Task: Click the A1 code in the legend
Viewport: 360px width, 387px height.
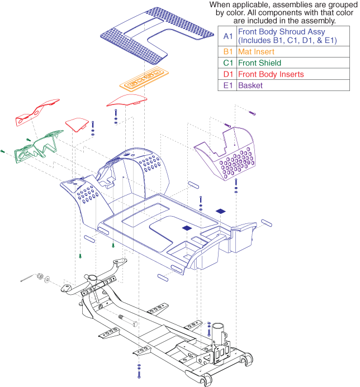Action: click(x=227, y=36)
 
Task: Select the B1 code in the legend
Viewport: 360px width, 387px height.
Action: click(x=227, y=52)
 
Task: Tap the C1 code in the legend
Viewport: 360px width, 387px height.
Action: click(x=227, y=63)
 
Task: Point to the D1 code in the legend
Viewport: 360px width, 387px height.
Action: click(x=227, y=74)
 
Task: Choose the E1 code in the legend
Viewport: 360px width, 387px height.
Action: click(x=227, y=85)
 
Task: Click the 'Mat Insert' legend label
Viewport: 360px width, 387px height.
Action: click(x=256, y=52)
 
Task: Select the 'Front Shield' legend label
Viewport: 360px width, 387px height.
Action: click(x=259, y=63)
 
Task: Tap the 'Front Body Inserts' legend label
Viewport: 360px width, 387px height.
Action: click(x=271, y=74)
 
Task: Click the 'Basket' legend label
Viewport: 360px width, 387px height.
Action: click(x=250, y=85)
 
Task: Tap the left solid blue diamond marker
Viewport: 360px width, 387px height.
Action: click(x=186, y=228)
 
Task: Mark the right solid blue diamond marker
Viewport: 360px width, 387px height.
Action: click(x=221, y=211)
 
